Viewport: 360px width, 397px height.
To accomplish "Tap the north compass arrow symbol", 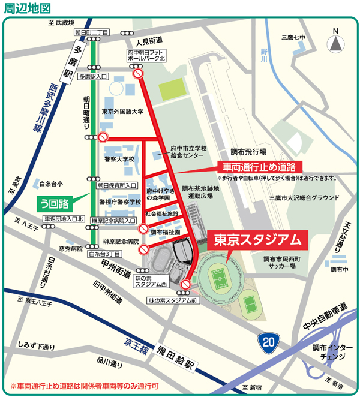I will tap(335, 43).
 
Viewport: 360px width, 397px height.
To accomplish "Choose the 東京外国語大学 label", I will tap(123, 112).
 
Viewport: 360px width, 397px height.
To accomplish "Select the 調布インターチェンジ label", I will tap(329, 352).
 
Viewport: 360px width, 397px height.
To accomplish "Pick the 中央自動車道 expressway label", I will tap(325, 317).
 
